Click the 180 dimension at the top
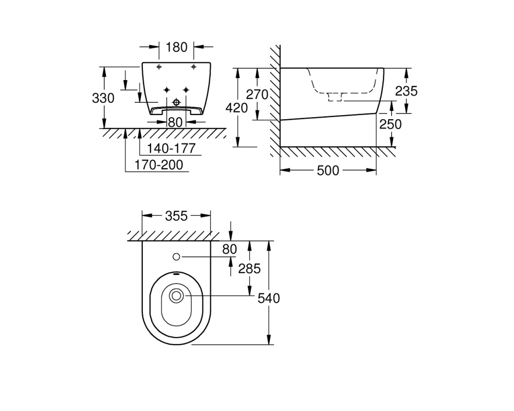176,48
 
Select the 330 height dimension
103,98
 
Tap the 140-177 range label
171,148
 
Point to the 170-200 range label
159,164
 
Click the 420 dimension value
236,107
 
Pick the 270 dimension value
258,95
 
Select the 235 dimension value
406,91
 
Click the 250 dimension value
391,124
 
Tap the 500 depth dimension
328,171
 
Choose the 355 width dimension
176,216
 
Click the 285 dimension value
249,269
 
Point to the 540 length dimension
269,298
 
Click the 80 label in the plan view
229,249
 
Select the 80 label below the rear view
175,123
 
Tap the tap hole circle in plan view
176,257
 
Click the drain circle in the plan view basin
177,296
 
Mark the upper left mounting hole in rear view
159,67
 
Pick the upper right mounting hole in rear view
193,67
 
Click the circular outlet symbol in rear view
177,102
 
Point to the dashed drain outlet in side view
335,97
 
